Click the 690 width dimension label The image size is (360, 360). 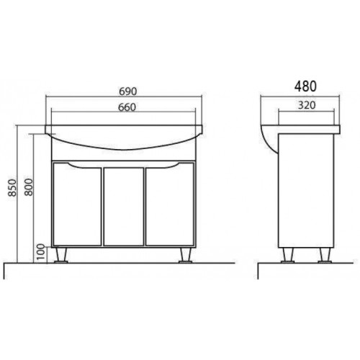[x=127, y=91]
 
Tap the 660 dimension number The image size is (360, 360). [x=127, y=107]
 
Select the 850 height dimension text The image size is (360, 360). [x=12, y=187]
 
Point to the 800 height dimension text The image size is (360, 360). [x=29, y=187]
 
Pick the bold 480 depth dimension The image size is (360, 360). [x=305, y=86]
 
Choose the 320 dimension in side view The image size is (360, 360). [x=307, y=105]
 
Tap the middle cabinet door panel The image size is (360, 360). [x=124, y=207]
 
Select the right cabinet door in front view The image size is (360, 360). [x=170, y=204]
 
